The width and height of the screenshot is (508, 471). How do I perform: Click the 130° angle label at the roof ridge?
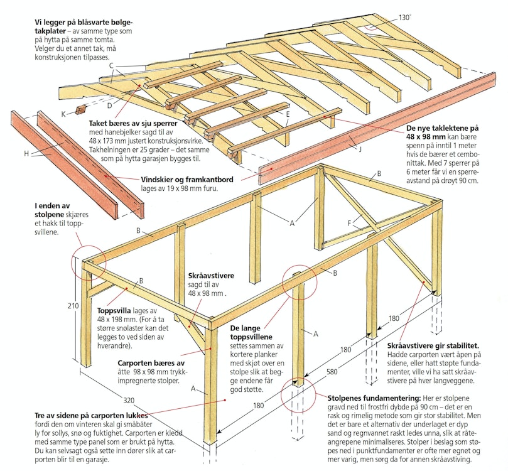click(405, 17)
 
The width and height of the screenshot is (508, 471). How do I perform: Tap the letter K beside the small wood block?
click(63, 113)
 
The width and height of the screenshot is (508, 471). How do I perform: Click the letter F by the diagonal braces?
click(349, 222)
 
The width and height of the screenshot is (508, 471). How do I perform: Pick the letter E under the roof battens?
click(287, 114)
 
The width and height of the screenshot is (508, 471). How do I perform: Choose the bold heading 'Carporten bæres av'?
click(151, 363)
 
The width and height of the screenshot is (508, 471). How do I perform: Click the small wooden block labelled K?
click(79, 111)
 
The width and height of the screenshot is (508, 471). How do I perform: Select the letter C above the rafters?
click(111, 65)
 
